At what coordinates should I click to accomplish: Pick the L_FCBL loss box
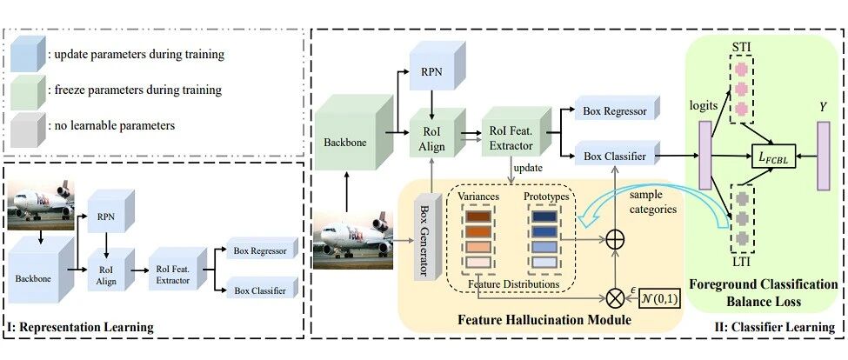[773, 157]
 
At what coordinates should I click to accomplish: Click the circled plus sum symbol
[614, 239]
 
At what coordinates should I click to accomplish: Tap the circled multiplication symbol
[614, 297]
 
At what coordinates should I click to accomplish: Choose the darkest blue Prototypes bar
[545, 217]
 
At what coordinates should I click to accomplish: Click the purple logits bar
[705, 156]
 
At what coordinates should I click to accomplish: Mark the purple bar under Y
[823, 156]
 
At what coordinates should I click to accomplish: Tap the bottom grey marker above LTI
[740, 237]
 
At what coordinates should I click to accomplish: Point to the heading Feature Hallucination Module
[544, 320]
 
